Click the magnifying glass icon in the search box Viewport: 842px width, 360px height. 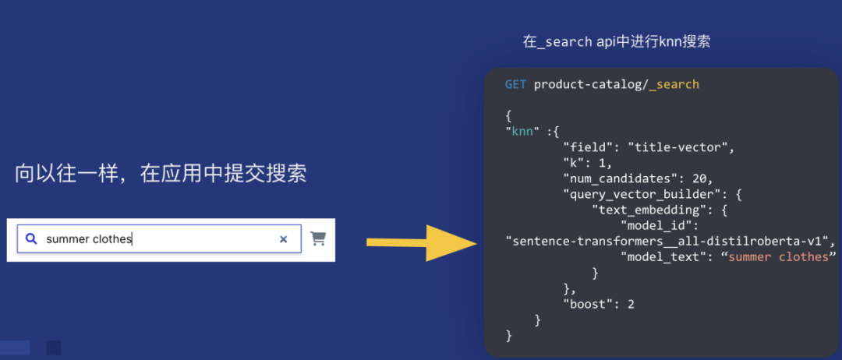(x=31, y=239)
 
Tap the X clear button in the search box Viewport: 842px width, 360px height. (x=284, y=239)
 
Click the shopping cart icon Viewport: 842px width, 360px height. (x=318, y=238)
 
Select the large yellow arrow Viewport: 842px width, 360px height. (x=421, y=242)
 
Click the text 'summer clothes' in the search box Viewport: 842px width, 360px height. (x=89, y=239)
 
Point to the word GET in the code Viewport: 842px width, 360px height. (x=515, y=84)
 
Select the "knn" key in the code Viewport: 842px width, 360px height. (x=524, y=131)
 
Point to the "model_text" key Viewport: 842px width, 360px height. (x=663, y=256)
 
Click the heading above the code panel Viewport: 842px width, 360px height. (x=616, y=42)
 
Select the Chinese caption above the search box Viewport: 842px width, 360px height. (x=161, y=173)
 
